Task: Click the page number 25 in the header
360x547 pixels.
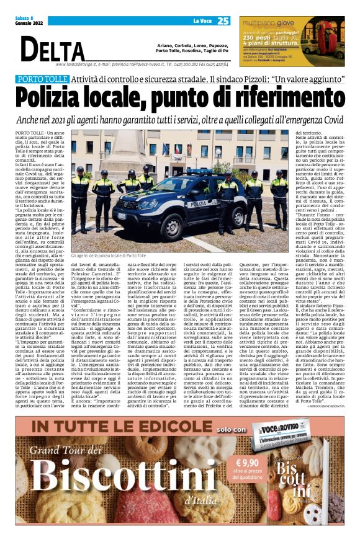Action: point(223,21)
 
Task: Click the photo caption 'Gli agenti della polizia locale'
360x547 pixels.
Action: point(112,255)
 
